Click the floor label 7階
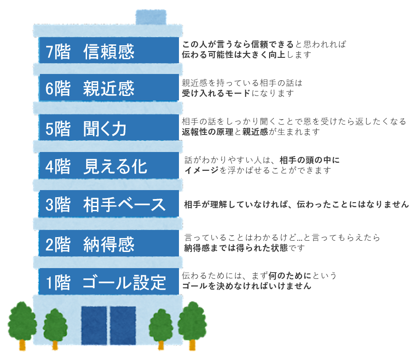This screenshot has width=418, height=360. pyautogui.click(x=58, y=52)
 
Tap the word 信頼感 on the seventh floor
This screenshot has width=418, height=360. pyautogui.click(x=109, y=52)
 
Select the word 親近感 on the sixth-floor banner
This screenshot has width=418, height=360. pyautogui.click(x=109, y=88)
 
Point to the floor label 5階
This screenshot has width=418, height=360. pyautogui.click(x=58, y=129)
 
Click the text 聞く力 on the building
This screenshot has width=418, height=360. pyautogui.click(x=105, y=129)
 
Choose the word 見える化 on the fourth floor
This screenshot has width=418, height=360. pyautogui.click(x=115, y=166)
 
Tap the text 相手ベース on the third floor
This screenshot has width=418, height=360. pyautogui.click(x=124, y=204)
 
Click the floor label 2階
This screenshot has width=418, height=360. pyautogui.click(x=58, y=245)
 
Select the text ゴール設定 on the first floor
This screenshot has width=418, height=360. pyautogui.click(x=124, y=282)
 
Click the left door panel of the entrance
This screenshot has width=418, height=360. pyautogui.click(x=94, y=325)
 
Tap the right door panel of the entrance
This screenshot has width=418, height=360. pyautogui.click(x=123, y=325)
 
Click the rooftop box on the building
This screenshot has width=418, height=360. pyautogui.click(x=151, y=17)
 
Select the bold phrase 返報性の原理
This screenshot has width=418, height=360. pyautogui.click(x=208, y=132)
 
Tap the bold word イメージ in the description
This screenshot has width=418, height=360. pyautogui.click(x=201, y=170)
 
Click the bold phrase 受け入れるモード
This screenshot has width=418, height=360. pyautogui.click(x=216, y=93)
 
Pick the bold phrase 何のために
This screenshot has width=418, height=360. pyautogui.click(x=290, y=276)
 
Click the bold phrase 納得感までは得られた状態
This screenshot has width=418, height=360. pyautogui.click(x=236, y=248)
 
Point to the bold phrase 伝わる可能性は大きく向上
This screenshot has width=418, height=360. pyautogui.click(x=234, y=55)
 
